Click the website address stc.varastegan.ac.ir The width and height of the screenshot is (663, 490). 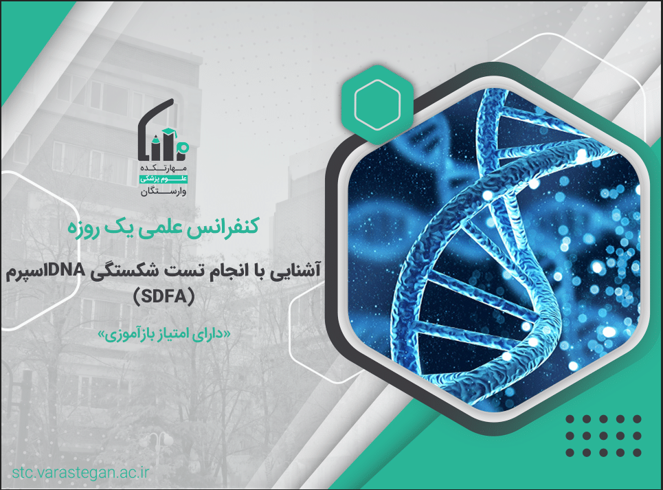[81, 472]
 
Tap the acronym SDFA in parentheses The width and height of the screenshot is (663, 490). [164, 296]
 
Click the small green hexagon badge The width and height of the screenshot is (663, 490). [377, 104]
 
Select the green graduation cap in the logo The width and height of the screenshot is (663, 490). [169, 133]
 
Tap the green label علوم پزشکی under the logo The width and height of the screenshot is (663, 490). [164, 179]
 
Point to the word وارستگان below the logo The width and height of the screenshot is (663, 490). [164, 192]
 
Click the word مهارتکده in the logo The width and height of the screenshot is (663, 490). [164, 168]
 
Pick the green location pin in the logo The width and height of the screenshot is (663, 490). [183, 146]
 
